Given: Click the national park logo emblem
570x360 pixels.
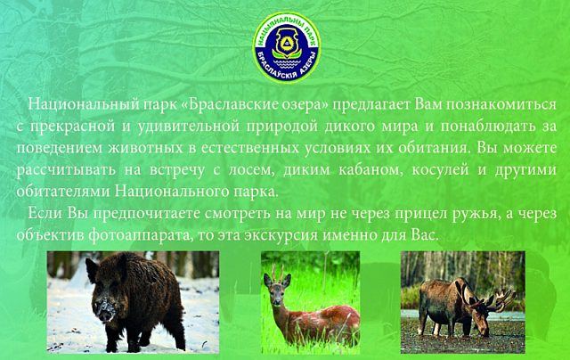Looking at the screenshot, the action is coord(287,47).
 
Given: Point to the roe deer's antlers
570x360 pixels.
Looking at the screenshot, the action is coord(279,271).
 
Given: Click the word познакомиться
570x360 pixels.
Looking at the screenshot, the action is coord(501,105).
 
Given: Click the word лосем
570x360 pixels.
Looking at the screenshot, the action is coord(250,170).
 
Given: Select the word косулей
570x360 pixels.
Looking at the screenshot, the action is coord(440,170).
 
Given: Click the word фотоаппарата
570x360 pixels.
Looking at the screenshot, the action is coord(141,235).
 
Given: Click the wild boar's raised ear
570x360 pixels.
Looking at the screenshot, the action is coord(91,270).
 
